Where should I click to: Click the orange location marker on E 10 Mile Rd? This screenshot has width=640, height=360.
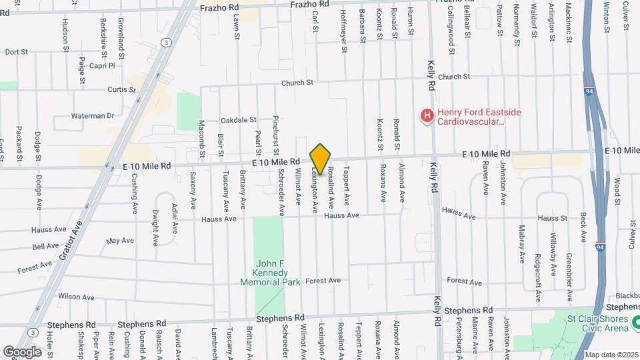tap(320, 159)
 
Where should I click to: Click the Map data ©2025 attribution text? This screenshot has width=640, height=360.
tap(611, 355)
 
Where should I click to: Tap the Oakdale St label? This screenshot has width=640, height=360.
tap(239, 121)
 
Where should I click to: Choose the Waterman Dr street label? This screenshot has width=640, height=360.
tap(93, 115)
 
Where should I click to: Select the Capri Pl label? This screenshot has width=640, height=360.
tap(102, 66)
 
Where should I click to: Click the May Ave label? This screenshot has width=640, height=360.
tap(121, 240)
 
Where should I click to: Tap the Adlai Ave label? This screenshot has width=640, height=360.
tap(175, 217)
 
